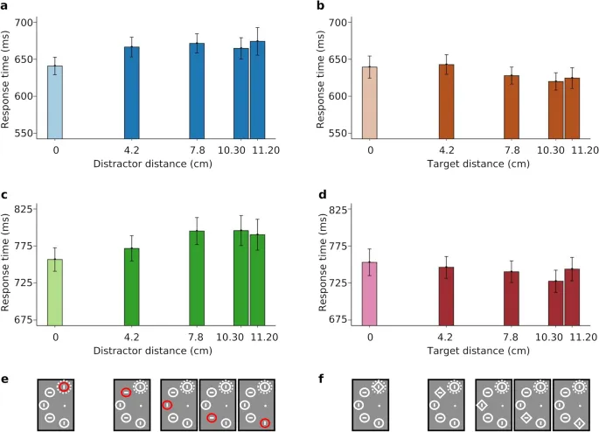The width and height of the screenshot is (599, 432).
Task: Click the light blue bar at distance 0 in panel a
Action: (55, 101)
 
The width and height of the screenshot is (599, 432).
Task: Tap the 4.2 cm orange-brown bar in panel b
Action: (446, 101)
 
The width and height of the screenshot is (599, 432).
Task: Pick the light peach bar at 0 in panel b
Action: (370, 102)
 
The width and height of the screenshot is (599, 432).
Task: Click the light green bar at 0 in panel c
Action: (55, 291)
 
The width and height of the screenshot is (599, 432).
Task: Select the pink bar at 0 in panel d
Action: (370, 293)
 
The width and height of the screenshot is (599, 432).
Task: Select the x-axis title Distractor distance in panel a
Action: (157, 163)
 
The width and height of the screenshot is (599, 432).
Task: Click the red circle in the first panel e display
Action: (64, 387)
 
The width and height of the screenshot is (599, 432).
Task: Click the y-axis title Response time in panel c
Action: (8, 262)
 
